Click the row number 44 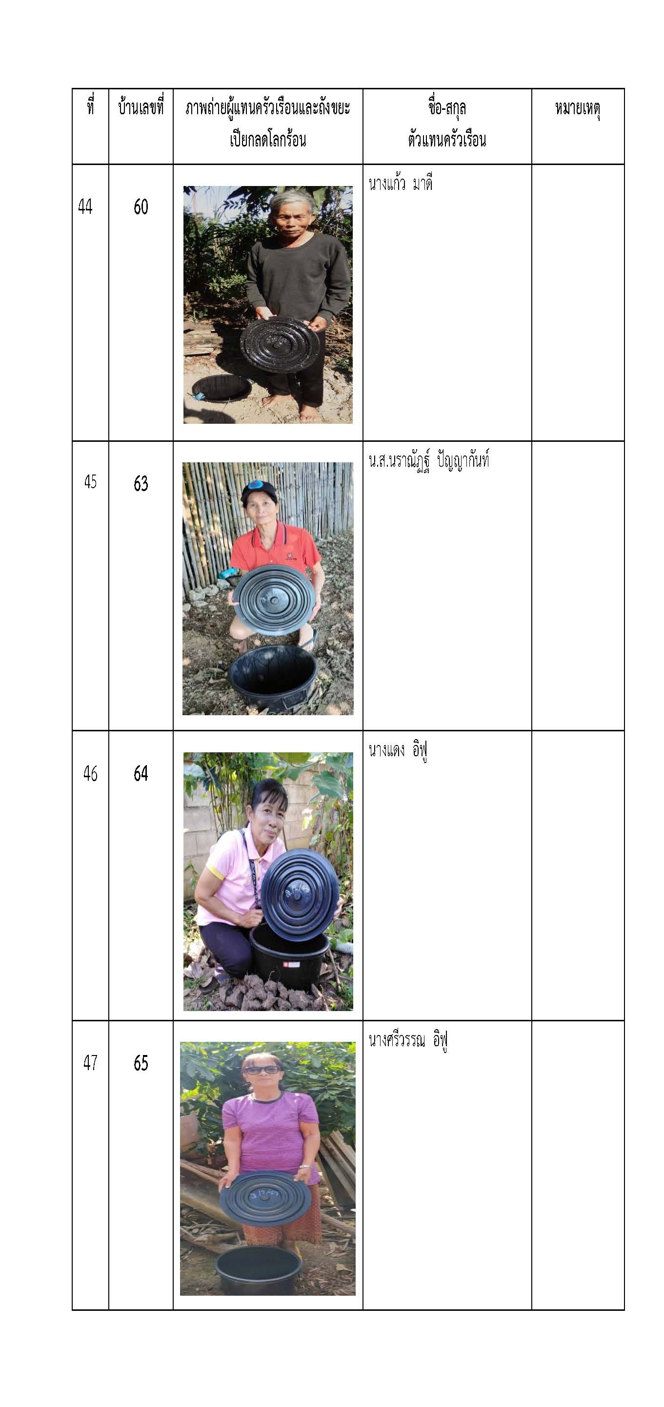85,207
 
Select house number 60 141,207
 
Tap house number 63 141,483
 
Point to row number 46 91,773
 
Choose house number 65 141,1063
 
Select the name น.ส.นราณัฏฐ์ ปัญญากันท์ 429,460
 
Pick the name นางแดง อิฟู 398,750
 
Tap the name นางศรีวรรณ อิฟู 408,1040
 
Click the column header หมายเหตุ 578,109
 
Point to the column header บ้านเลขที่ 141,107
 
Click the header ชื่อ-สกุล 447,107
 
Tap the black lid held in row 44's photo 280,345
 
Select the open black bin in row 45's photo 273,676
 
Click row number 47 91,1063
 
